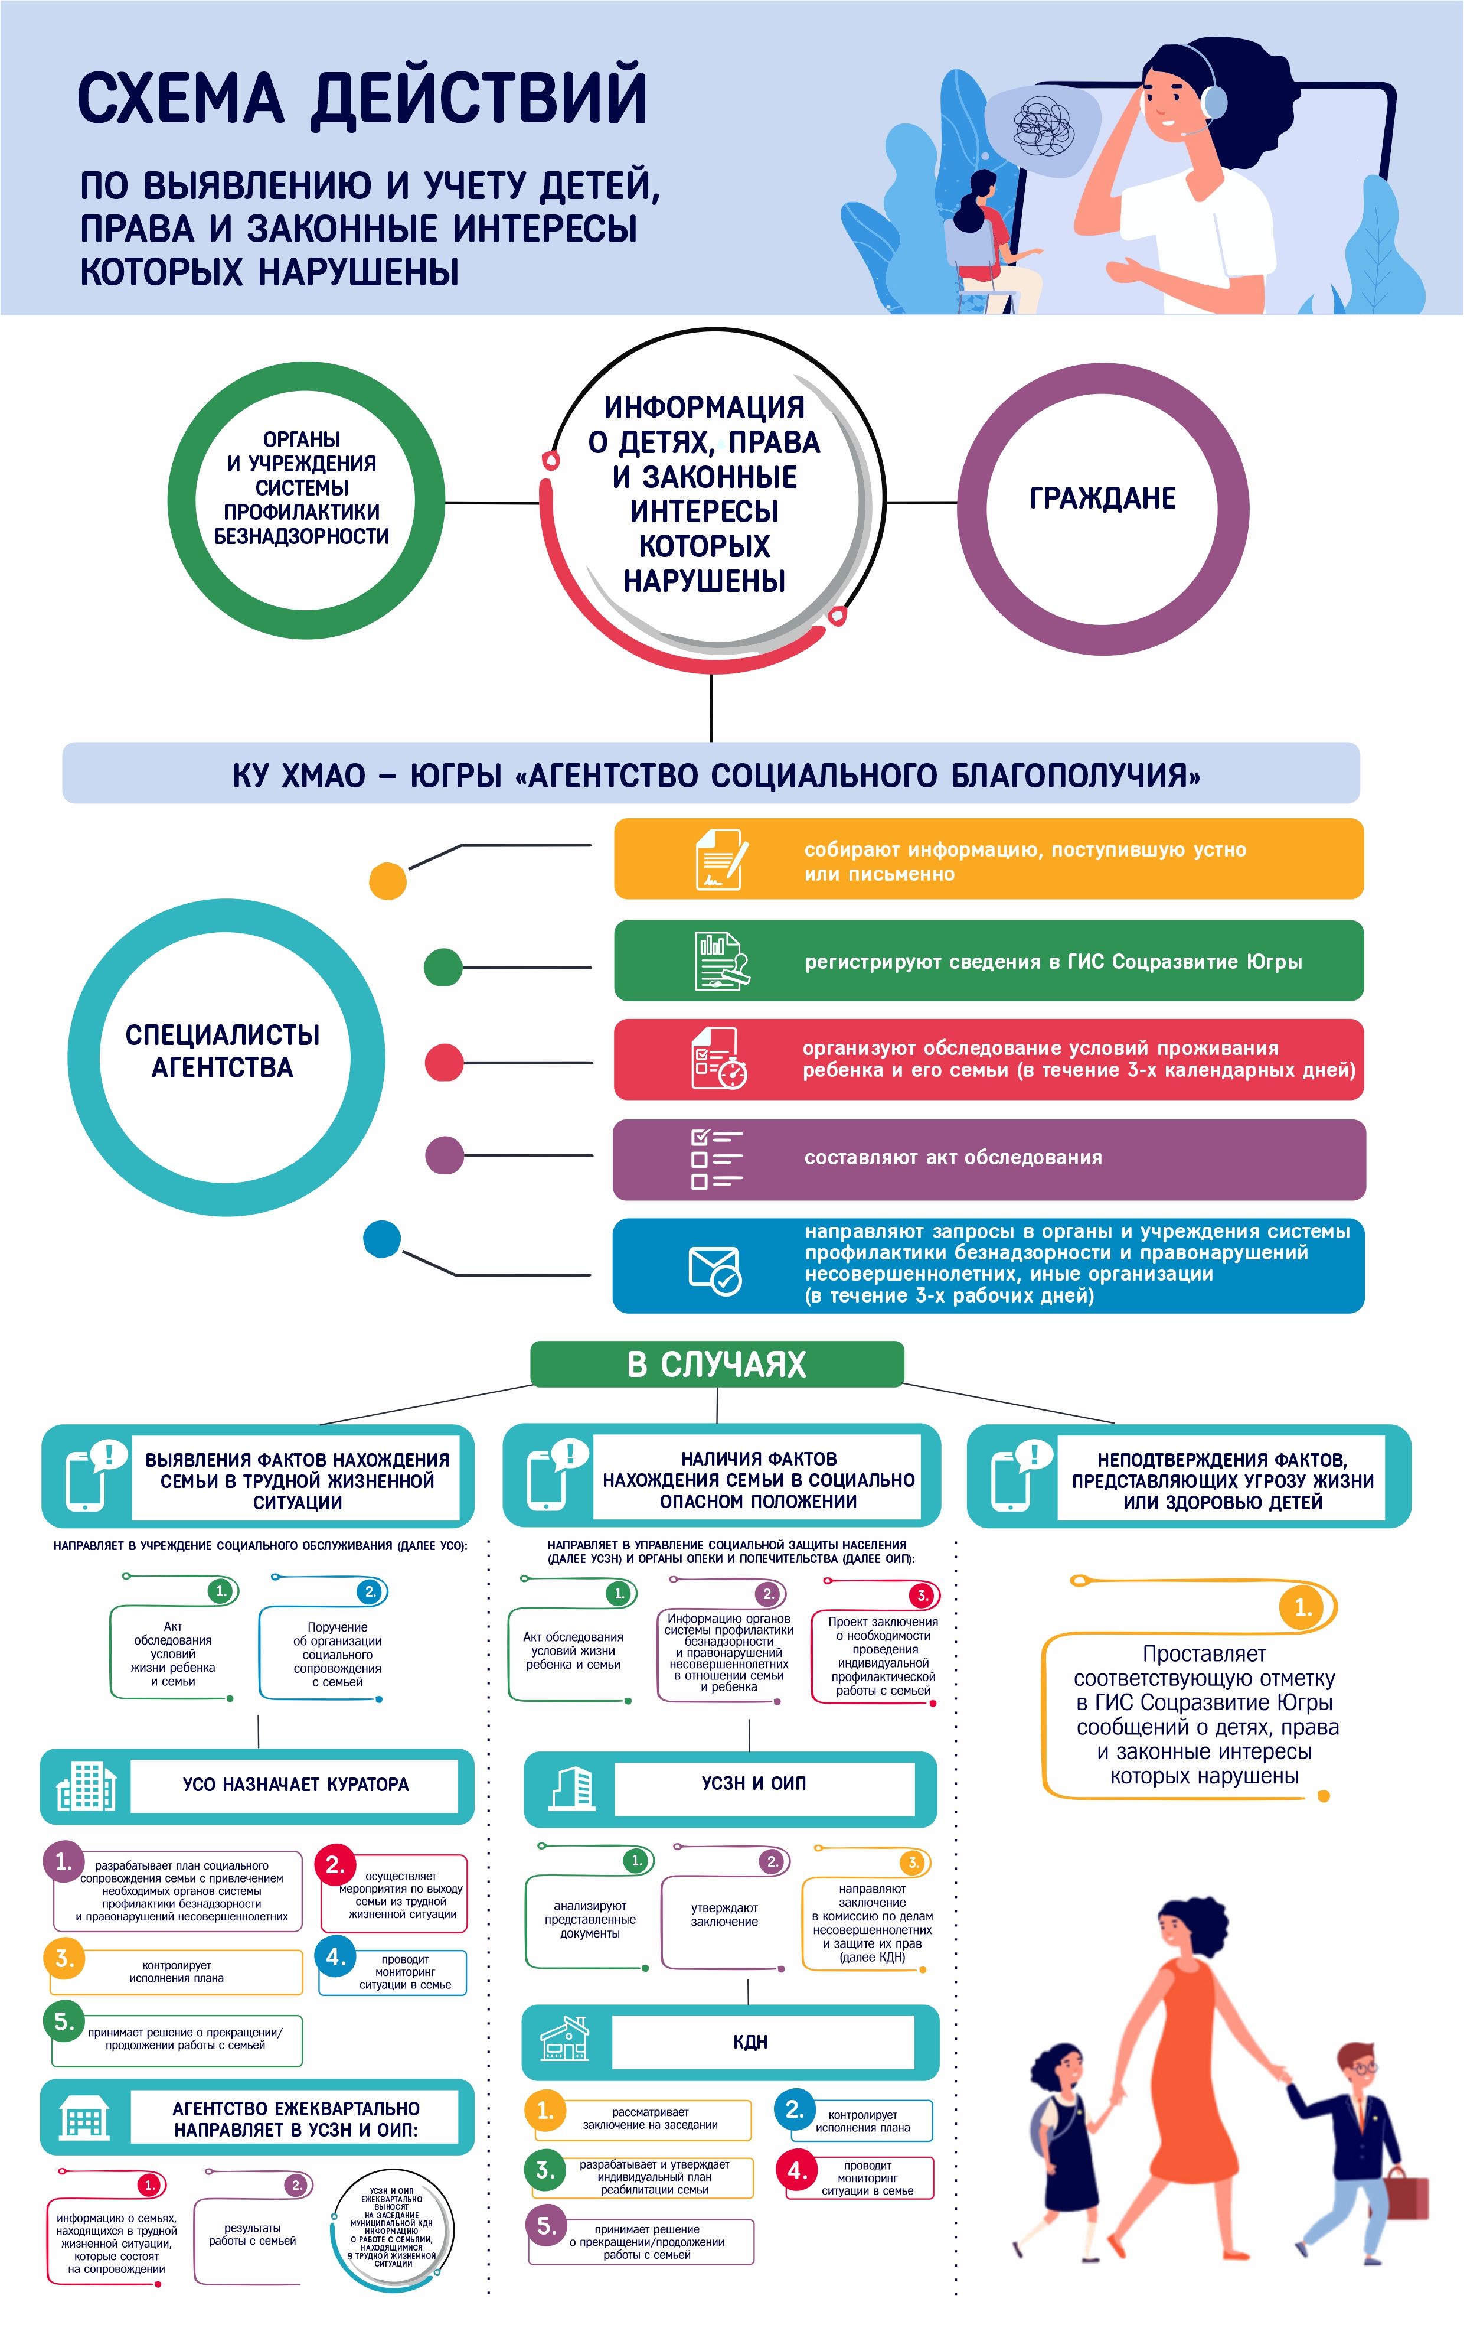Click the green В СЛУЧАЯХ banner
tap(717, 1363)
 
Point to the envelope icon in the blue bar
tap(714, 1269)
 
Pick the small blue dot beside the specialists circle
tap(381, 1239)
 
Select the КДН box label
tap(750, 2042)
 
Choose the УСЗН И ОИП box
tap(754, 1783)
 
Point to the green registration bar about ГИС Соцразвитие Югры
tap(988, 961)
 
